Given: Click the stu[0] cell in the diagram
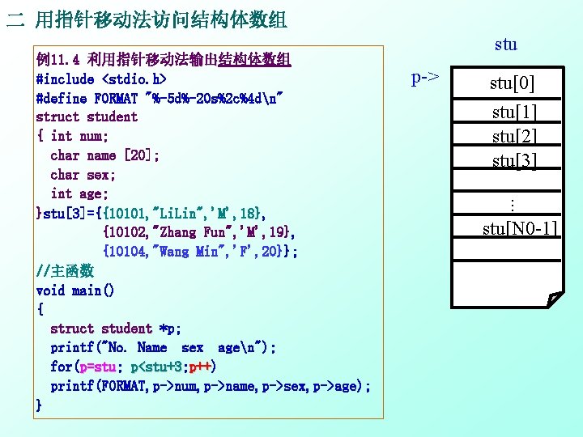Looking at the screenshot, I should tap(513, 83).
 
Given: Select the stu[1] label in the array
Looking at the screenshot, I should tap(515, 112).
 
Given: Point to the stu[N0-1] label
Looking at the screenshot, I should tap(520, 229).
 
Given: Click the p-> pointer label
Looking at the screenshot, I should tap(425, 78).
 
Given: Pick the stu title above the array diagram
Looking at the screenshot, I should tap(505, 45).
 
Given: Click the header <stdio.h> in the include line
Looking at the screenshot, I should tap(134, 79).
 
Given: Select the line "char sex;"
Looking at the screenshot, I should tap(83, 174).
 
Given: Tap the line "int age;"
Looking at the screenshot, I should tap(83, 193).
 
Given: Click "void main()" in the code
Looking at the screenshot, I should tap(75, 290).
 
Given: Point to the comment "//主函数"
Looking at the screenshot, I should tap(65, 270).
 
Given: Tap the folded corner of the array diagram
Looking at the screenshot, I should tap(554, 300).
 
